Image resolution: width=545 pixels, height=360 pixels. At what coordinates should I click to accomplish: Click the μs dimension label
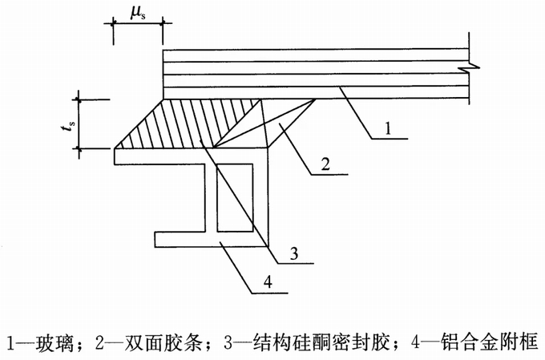coord(138,13)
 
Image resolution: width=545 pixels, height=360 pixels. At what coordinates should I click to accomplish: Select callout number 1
coord(388,129)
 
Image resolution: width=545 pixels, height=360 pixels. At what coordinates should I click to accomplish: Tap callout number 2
coord(325,164)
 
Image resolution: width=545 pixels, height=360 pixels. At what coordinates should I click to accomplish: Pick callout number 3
coord(294,253)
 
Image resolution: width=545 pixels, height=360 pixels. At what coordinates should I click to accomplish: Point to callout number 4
coord(268,281)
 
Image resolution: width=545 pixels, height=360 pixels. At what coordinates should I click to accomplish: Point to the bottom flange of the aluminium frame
coord(212,240)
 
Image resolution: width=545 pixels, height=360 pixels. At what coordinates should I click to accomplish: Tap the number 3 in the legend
coord(228,342)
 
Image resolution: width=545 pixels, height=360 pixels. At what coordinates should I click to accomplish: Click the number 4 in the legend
coord(414,342)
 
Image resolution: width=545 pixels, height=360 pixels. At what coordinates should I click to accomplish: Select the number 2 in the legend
coord(100,342)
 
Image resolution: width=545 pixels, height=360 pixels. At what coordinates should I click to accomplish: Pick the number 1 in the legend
coord(10,342)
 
